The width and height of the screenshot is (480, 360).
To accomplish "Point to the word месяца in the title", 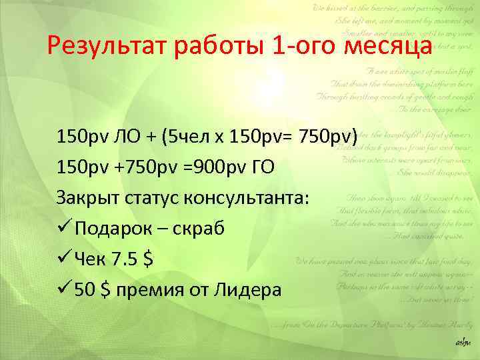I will pos(389,47).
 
